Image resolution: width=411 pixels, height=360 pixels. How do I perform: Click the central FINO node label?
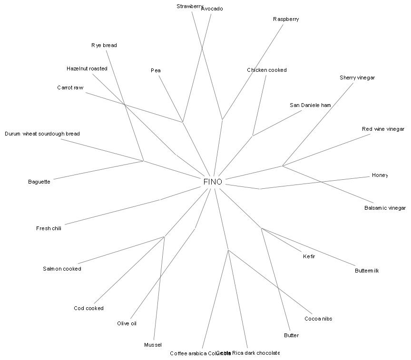pyautogui.click(x=213, y=182)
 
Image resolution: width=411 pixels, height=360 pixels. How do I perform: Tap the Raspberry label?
pyautogui.click(x=286, y=19)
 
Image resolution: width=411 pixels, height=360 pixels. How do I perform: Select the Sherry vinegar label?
pyautogui.click(x=357, y=78)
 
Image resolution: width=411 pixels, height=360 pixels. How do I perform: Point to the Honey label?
pyautogui.click(x=380, y=175)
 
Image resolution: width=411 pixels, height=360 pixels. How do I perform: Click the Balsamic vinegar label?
pyautogui.click(x=385, y=208)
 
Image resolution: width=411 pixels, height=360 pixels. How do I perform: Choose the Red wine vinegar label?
pyautogui.click(x=383, y=129)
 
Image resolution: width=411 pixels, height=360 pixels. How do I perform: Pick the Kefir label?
pyautogui.click(x=309, y=256)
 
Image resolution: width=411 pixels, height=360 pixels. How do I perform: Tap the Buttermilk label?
pyautogui.click(x=367, y=271)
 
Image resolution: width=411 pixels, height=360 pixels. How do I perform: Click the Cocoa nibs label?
pyautogui.click(x=318, y=319)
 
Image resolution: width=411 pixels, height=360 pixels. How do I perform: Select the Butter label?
pyautogui.click(x=291, y=335)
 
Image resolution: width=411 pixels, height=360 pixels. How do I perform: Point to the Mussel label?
pyautogui.click(x=153, y=345)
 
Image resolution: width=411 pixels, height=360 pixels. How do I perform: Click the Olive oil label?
pyautogui.click(x=127, y=323)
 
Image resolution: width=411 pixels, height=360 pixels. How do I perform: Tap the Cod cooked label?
pyautogui.click(x=88, y=308)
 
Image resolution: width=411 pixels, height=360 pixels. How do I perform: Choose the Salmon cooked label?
pyautogui.click(x=62, y=269)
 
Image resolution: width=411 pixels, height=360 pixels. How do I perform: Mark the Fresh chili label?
pyautogui.click(x=49, y=228)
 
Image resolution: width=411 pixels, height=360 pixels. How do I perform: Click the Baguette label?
pyautogui.click(x=39, y=182)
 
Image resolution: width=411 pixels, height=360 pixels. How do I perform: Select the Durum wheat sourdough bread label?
pyautogui.click(x=42, y=134)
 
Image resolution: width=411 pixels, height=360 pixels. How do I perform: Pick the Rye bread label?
pyautogui.click(x=104, y=45)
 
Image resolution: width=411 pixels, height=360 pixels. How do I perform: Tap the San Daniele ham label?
pyautogui.click(x=310, y=105)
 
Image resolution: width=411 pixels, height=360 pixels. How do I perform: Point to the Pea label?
pyautogui.click(x=156, y=70)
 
